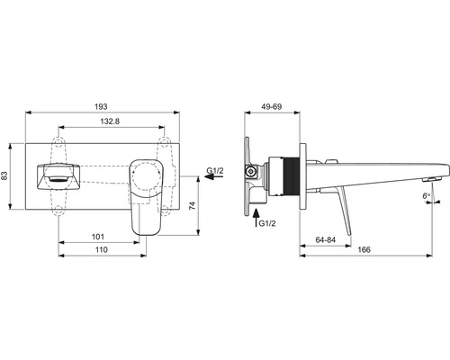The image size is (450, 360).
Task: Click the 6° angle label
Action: (426, 195)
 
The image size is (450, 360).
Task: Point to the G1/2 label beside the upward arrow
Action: (267, 222)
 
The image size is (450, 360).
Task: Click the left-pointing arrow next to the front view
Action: (209, 179)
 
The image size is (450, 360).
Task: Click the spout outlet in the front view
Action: (57, 175)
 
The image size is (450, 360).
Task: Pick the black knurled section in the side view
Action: (288, 173)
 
